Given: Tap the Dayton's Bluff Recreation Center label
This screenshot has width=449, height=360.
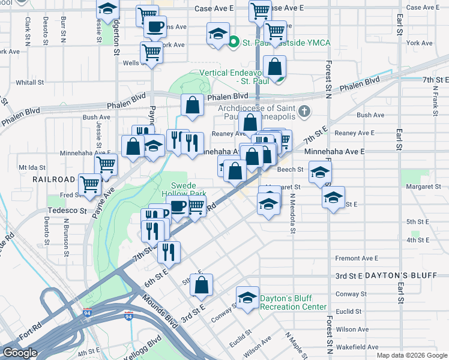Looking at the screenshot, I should (x=293, y=302).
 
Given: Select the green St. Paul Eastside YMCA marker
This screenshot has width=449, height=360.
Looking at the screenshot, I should (x=234, y=43).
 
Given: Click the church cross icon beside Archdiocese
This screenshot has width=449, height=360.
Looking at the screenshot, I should (x=305, y=111).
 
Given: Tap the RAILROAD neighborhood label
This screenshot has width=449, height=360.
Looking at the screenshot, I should (x=54, y=179).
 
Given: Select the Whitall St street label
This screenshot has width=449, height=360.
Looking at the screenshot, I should (x=26, y=82).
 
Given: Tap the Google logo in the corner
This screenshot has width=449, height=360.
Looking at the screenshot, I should (x=20, y=353).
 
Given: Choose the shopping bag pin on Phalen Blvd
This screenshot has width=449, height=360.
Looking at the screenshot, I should (x=191, y=105).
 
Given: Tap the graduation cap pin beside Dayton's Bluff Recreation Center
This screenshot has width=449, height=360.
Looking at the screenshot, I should (x=247, y=298).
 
